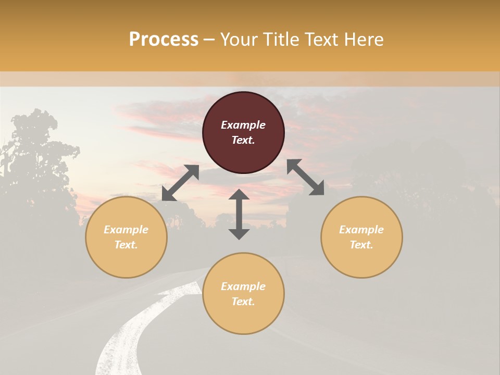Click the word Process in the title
pos(164,40)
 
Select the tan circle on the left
pos(126,237)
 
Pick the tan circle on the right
pos(361,237)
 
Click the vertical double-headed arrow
pos(239,215)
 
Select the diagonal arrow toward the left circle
pos(180,183)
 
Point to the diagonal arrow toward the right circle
pos(305,177)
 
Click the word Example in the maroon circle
pos(243,125)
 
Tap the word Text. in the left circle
pos(126,245)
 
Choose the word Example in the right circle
pos(361,230)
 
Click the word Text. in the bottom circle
pos(243,302)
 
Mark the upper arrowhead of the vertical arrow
pos(239,194)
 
